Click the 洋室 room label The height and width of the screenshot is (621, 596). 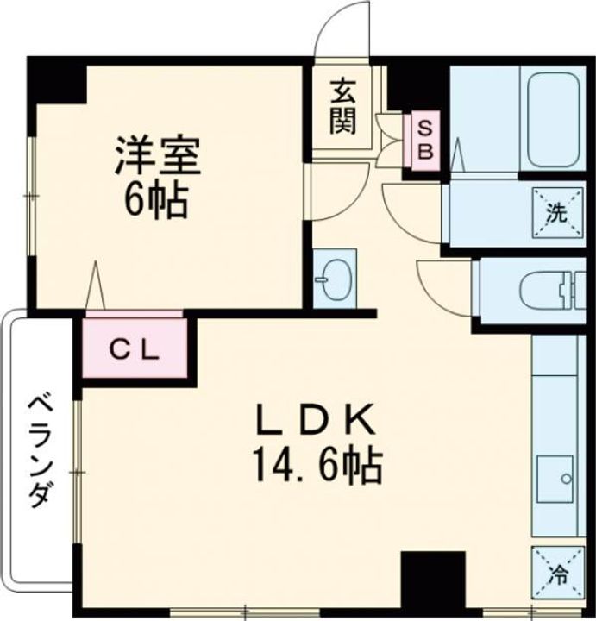tap(159, 154)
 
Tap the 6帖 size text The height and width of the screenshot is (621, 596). tap(157, 200)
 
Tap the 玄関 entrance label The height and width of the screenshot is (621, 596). tap(342, 106)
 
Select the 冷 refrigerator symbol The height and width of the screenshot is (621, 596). tap(556, 572)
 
